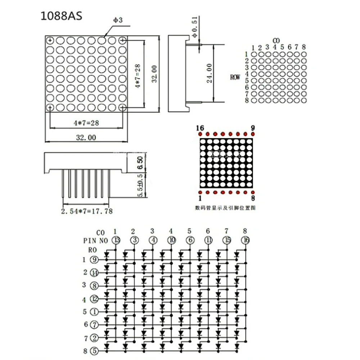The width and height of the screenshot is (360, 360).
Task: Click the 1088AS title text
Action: click(x=62, y=17)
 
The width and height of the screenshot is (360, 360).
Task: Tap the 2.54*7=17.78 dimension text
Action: click(x=86, y=211)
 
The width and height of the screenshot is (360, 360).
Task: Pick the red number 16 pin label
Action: click(x=200, y=128)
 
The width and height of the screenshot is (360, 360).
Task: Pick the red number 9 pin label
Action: click(x=252, y=128)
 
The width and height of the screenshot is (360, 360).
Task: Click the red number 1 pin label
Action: click(x=200, y=198)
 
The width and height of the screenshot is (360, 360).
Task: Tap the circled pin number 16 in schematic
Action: click(x=246, y=240)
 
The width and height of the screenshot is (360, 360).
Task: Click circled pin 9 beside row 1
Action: click(x=94, y=260)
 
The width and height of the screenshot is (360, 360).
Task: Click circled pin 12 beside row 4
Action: click(x=94, y=298)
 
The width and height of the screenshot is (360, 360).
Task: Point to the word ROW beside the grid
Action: click(x=235, y=77)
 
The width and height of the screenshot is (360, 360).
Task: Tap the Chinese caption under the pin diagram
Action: click(x=225, y=208)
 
